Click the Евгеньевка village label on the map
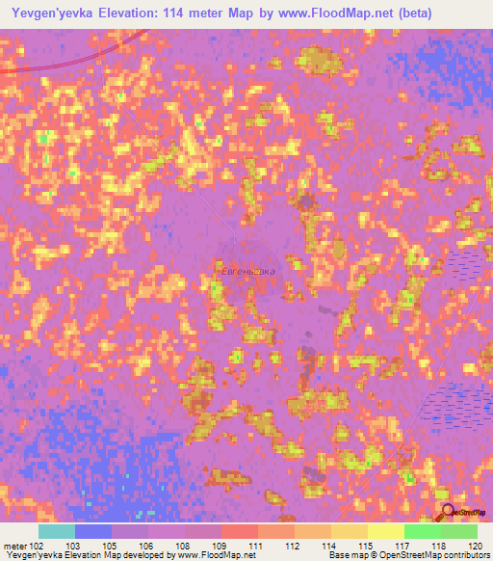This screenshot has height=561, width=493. pos(244,272)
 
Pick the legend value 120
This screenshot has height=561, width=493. pos(475,545)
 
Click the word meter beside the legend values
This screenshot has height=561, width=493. pos(14,545)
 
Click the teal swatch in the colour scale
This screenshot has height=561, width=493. pos(57,531)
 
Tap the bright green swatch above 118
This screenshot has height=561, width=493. pos(423,531)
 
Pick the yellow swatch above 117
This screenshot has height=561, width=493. pos(386,531)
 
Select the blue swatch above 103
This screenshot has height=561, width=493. pos(93,531)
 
